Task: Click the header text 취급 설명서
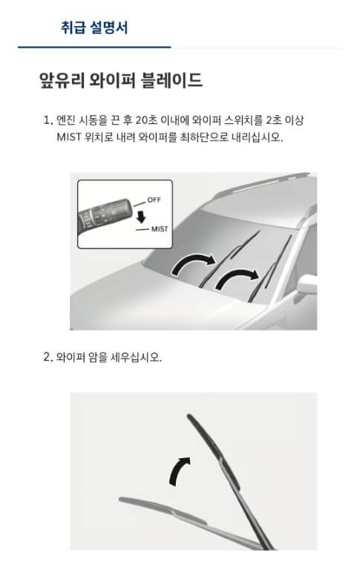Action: (94, 27)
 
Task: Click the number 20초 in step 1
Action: (145, 120)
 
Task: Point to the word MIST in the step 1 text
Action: (68, 137)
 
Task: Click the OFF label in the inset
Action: (154, 200)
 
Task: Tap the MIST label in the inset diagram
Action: (160, 229)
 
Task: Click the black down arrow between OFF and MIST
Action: (141, 217)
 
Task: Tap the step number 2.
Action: (48, 357)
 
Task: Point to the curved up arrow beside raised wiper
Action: (178, 471)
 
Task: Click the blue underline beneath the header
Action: (94, 47)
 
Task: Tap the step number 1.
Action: (48, 120)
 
